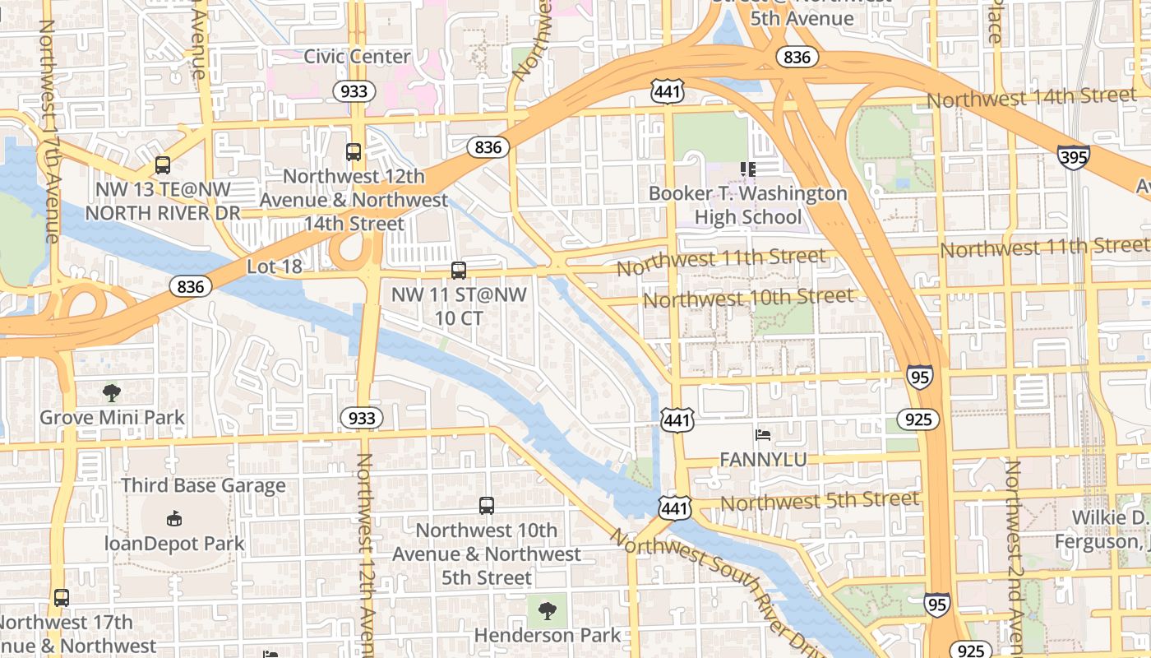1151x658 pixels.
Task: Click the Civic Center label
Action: tap(357, 56)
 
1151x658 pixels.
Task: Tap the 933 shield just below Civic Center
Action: tap(354, 90)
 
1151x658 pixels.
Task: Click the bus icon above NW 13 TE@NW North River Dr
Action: tap(163, 165)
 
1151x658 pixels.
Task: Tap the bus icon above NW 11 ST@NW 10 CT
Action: tap(459, 270)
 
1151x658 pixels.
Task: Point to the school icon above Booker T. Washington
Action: tap(747, 169)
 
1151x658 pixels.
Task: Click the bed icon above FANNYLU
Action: tap(763, 434)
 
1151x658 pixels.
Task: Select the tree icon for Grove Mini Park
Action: tap(112, 393)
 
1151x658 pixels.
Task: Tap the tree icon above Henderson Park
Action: tap(547, 610)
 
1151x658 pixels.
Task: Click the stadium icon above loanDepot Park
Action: tap(173, 518)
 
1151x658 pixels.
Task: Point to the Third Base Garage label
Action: tap(203, 485)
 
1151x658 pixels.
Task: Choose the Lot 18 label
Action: tap(275, 266)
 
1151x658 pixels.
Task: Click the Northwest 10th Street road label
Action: tap(748, 298)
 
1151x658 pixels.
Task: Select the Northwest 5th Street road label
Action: tap(820, 500)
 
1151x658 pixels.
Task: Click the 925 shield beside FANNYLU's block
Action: tap(918, 419)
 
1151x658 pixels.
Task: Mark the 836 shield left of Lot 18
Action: tap(191, 286)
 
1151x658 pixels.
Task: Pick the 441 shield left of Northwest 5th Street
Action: tap(674, 508)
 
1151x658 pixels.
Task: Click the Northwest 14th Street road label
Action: tap(1032, 97)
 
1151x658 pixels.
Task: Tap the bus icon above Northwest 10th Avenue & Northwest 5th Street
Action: tap(487, 506)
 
